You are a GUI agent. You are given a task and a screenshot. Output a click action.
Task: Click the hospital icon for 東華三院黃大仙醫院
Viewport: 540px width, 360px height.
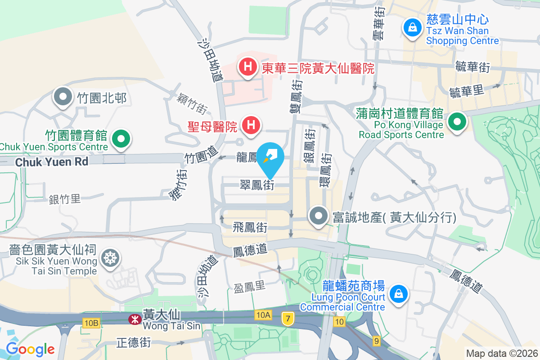[247, 67]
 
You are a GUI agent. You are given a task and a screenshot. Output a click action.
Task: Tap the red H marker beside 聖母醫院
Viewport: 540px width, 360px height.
[251, 125]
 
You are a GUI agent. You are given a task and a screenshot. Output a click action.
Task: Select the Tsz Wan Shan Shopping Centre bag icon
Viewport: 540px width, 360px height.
[411, 27]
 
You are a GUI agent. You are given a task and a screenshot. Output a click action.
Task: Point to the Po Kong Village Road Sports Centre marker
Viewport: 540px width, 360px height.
[457, 121]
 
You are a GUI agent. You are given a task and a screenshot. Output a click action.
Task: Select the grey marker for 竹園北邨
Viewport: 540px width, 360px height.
[63, 97]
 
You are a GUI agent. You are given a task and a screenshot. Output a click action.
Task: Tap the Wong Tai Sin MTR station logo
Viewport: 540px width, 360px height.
[133, 319]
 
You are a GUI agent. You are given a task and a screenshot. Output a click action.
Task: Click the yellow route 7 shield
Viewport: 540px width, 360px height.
[288, 319]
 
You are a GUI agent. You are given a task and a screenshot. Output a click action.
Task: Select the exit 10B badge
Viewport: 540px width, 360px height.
[91, 323]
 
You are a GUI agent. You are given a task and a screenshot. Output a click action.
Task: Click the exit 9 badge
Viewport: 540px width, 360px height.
[376, 341]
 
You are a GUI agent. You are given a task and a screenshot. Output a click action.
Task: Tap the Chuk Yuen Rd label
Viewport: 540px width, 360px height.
[52, 162]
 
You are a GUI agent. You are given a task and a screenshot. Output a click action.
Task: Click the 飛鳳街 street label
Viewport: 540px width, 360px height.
[250, 228]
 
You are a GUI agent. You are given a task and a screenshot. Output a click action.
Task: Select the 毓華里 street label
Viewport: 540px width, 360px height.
[466, 91]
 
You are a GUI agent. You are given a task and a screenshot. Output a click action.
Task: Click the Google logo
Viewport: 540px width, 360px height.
[30, 349]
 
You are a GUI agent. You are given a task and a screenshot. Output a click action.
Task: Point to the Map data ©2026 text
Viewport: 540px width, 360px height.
[502, 353]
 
